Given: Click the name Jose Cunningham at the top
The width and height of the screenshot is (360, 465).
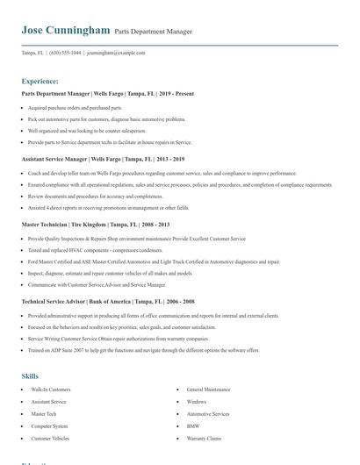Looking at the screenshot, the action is coord(67,30).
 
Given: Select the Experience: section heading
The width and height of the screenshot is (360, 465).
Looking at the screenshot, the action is coord(40,81).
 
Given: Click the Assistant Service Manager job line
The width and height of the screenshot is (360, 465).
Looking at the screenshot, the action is coord(103,160).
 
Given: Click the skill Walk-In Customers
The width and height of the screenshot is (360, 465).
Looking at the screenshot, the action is coord(51,389).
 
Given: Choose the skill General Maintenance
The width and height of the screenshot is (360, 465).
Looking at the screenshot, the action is coord(209,389).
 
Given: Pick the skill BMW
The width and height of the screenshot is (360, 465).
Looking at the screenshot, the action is coord(193,426).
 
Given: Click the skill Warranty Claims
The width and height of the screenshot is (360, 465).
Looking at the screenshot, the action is coord(205,438).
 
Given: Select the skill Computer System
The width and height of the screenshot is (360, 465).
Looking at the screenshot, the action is coord(49,426).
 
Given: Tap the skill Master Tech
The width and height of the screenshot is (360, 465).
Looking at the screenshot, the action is coord(44,413).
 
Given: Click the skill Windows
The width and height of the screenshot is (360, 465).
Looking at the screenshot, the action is coord(197,401).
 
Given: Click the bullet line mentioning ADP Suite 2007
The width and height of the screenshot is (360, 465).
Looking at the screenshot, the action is coord(143,350).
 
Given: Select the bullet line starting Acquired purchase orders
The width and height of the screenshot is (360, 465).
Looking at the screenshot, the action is coord(75,107).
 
